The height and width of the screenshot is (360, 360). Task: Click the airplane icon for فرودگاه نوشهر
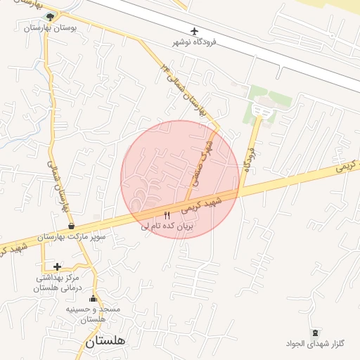pos(195,31)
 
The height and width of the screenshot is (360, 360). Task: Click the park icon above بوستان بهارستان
pos(49,16)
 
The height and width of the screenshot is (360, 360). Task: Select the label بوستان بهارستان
pos(49,28)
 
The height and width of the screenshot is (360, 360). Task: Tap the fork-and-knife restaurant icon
pos(167,215)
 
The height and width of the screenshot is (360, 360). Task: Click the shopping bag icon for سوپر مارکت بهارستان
pos(72,226)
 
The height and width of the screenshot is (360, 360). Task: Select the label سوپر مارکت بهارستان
pos(72,238)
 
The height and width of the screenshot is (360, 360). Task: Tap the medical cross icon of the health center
pos(57,266)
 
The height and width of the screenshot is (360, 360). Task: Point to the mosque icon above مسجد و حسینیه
pos(94,299)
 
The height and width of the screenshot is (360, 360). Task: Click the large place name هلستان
pos(106,342)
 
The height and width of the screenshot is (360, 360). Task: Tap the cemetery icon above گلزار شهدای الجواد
pos(315,333)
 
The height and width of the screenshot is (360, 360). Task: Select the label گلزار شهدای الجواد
pos(316,344)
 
